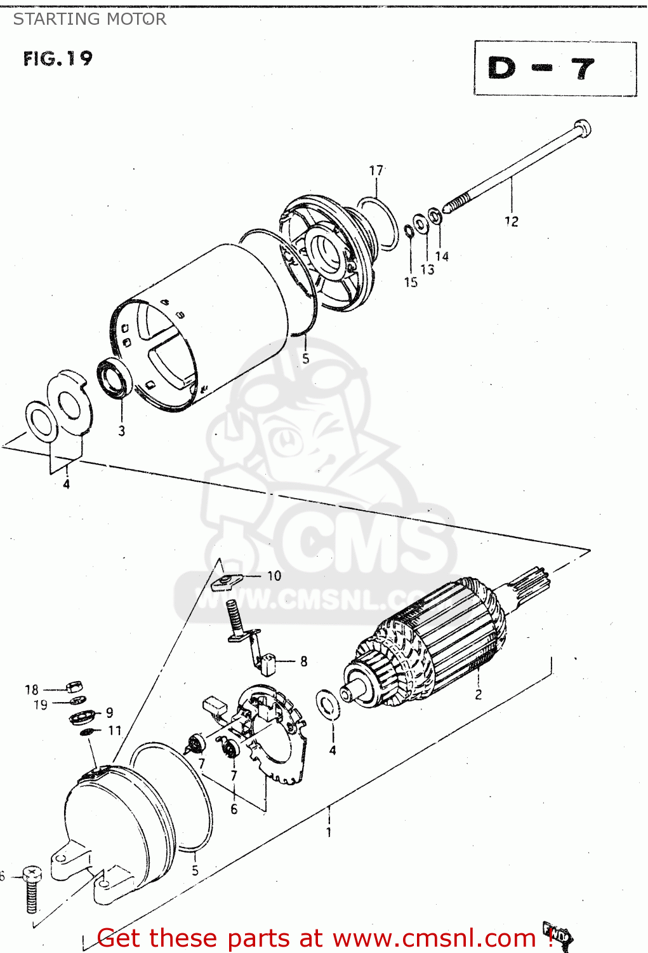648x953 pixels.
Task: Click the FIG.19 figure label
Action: pyautogui.click(x=58, y=59)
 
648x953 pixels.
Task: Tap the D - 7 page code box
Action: pyautogui.click(x=555, y=68)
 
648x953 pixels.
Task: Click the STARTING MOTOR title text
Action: pyautogui.click(x=89, y=19)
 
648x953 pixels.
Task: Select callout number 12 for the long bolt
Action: pyautogui.click(x=511, y=221)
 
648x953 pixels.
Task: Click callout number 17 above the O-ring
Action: pyautogui.click(x=376, y=170)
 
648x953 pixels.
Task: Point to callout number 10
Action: pyautogui.click(x=274, y=576)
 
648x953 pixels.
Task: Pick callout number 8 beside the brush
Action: pyautogui.click(x=303, y=661)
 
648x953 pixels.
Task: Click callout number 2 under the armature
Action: pyautogui.click(x=478, y=694)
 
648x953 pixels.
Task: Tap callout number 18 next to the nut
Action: pyautogui.click(x=32, y=689)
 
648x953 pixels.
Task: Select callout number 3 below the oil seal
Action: pyautogui.click(x=121, y=431)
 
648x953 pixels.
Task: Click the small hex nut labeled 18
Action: pyautogui.click(x=74, y=687)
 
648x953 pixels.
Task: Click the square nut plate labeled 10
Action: pyautogui.click(x=226, y=580)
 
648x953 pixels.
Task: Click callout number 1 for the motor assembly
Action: pyautogui.click(x=328, y=832)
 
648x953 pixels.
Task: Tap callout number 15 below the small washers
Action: pyautogui.click(x=411, y=282)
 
